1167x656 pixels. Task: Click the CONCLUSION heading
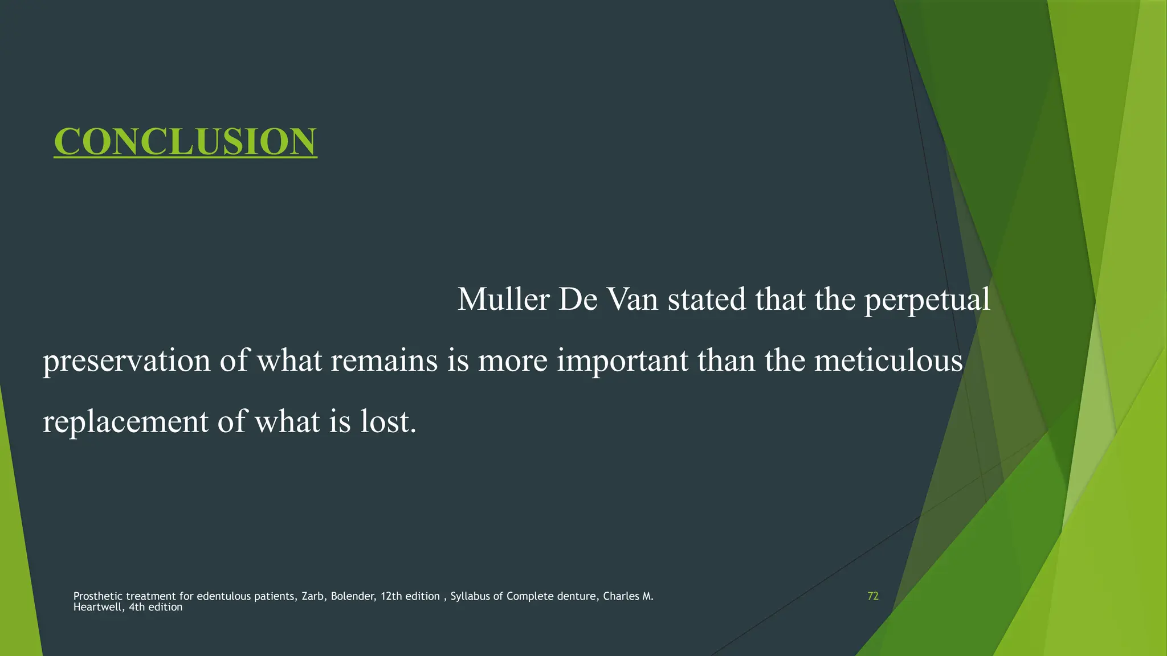185,141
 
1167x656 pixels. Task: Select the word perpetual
927,300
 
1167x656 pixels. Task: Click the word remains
384,360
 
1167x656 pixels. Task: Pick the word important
622,361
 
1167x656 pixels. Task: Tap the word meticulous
888,360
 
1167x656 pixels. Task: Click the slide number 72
872,596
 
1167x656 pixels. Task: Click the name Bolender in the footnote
352,596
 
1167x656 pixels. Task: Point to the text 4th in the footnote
137,607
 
